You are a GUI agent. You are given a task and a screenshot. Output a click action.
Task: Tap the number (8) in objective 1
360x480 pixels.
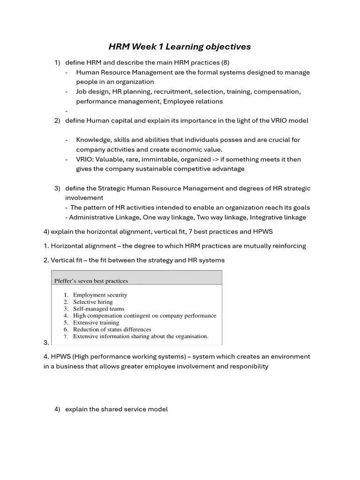click(x=224, y=62)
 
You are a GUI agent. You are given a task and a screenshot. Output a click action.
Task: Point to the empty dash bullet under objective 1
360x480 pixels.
click(x=67, y=111)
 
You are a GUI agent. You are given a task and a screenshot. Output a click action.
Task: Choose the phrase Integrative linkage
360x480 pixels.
click(x=278, y=217)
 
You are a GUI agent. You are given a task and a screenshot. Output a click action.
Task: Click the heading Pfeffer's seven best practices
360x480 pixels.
click(x=91, y=281)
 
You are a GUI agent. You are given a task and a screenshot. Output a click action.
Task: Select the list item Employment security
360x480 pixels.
click(x=100, y=295)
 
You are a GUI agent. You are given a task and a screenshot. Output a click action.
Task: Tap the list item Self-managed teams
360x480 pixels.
click(x=98, y=309)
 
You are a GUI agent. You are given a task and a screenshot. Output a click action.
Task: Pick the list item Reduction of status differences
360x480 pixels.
click(x=112, y=330)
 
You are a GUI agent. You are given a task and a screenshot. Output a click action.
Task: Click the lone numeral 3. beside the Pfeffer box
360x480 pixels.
click(x=46, y=343)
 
